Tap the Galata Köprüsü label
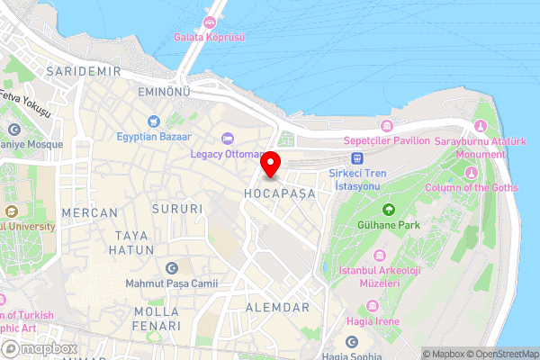coord(210,37)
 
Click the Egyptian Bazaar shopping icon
coord(153,121)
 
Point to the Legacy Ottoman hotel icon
coord(228,138)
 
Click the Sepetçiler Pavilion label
coord(388,140)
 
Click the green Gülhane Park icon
coord(388,208)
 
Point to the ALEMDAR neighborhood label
coord(278,307)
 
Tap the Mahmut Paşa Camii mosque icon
coord(172,268)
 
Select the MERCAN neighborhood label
coord(90,212)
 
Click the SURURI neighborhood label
coord(178,209)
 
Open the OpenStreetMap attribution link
coord(501,353)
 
